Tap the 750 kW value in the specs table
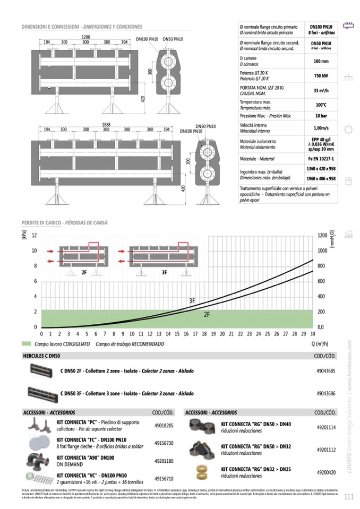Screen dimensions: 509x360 click(320, 75)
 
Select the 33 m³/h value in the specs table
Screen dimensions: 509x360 click(320, 90)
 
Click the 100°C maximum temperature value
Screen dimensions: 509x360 click(320, 105)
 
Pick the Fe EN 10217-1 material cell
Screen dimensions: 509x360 click(320, 159)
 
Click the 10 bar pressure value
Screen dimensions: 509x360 click(320, 116)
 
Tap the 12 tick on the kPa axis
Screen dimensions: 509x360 click(34, 235)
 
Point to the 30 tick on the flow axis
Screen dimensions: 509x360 click(312, 334)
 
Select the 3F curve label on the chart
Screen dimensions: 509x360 click(192, 301)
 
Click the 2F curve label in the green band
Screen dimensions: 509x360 click(207, 314)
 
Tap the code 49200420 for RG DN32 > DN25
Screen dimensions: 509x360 click(326, 471)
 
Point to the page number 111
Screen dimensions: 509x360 click(349, 497)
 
